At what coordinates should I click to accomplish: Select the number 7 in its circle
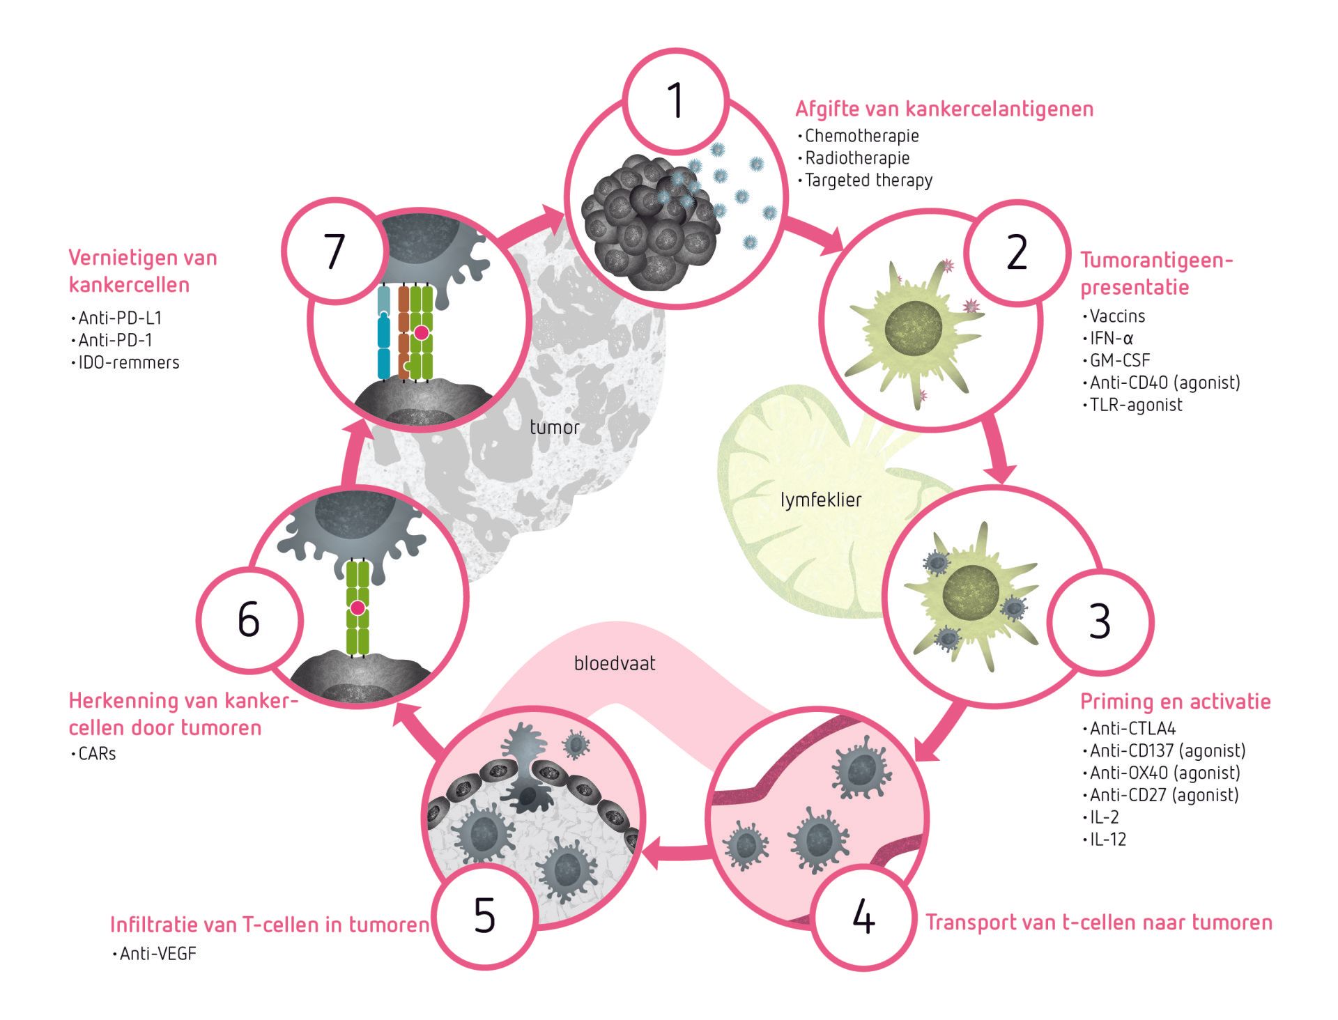pos(334,251)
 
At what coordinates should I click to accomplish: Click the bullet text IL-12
pos(1108,840)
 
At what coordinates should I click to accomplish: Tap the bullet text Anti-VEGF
pos(158,954)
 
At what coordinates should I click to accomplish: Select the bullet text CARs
pos(97,754)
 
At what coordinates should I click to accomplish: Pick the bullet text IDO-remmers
pos(129,362)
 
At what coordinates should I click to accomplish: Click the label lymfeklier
pos(821,500)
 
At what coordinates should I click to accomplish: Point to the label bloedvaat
pos(615,663)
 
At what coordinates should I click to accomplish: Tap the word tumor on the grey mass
pos(555,427)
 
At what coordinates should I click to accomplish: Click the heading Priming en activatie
pos(1176,702)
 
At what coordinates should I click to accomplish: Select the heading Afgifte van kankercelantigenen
pos(944,109)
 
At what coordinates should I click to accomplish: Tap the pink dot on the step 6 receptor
pos(357,608)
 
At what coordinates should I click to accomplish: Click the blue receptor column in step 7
pos(383,333)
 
